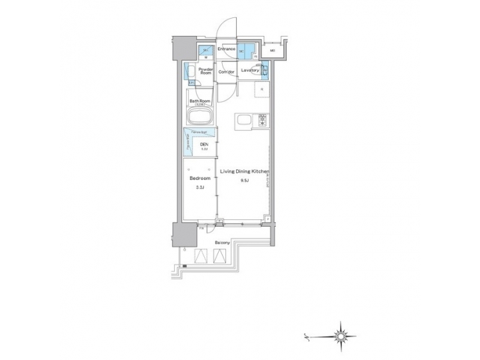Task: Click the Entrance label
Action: [x=226, y=49]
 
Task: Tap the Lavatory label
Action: [x=250, y=69]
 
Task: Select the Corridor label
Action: [x=227, y=71]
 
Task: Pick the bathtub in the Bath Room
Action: [x=200, y=117]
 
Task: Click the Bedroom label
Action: [x=200, y=179]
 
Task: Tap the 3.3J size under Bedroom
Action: [x=200, y=188]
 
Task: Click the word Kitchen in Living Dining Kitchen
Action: [x=261, y=171]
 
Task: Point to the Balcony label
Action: [x=222, y=243]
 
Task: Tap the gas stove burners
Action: [x=262, y=122]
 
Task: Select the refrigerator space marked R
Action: [x=262, y=89]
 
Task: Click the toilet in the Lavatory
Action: [x=264, y=69]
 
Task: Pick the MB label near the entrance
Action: [x=273, y=50]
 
